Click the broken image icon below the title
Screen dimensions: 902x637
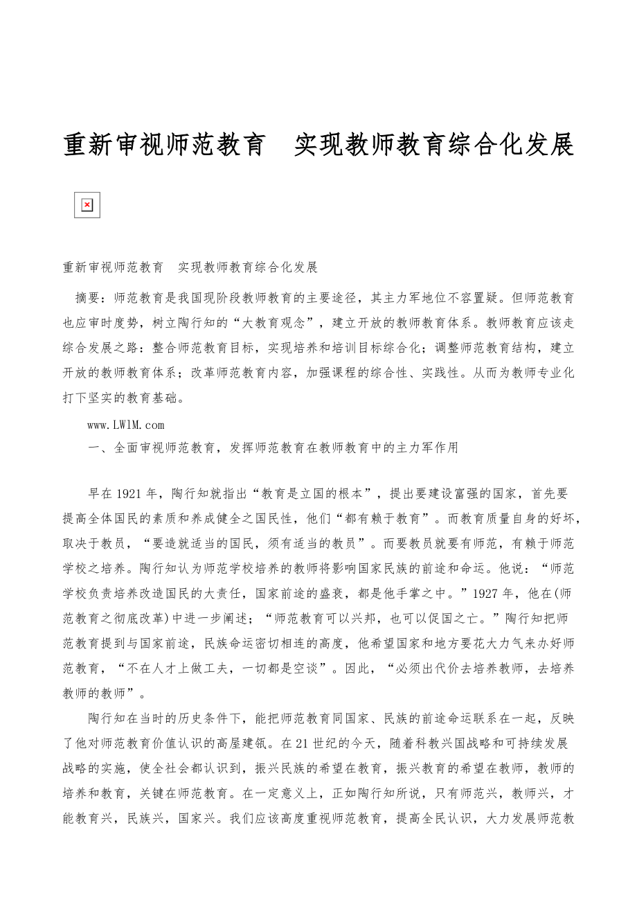coord(87,205)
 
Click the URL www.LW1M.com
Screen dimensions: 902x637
coord(126,425)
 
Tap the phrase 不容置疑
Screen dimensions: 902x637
coord(483,299)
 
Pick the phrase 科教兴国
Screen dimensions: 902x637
coord(446,743)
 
